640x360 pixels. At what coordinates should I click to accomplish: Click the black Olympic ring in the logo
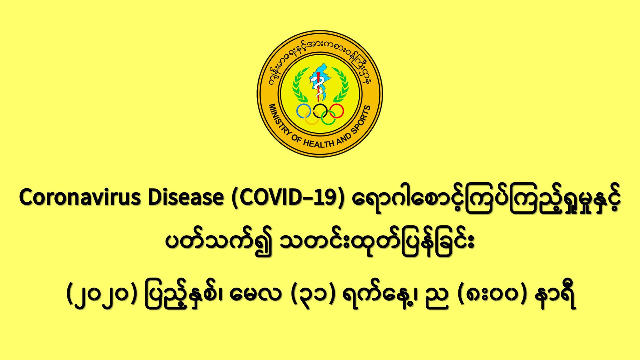320,111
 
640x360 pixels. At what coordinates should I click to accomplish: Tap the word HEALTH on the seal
318,143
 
